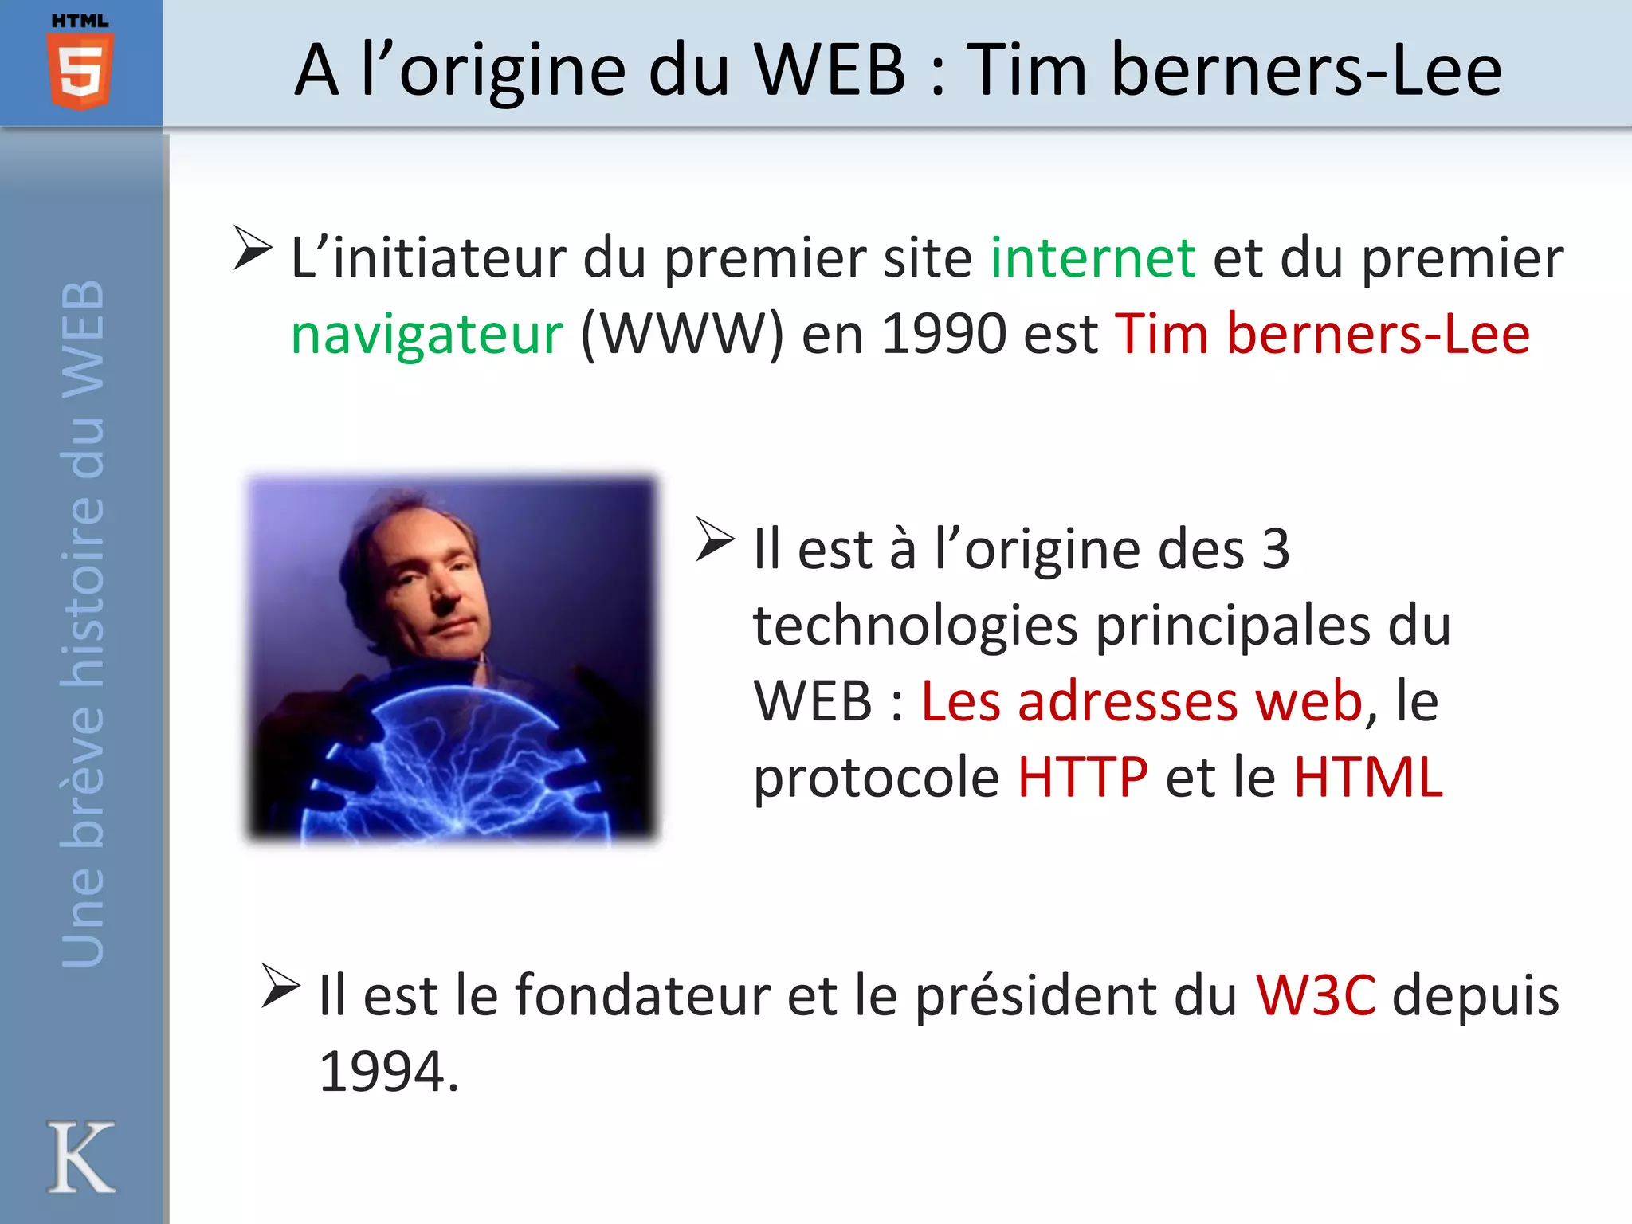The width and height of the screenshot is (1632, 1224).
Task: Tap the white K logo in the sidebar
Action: [x=80, y=1157]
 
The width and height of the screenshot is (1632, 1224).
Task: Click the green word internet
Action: [x=1093, y=258]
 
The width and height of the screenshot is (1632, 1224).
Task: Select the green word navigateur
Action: [x=427, y=334]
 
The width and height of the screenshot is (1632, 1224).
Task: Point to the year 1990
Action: [x=943, y=334]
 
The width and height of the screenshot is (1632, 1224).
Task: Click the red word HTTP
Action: [x=1082, y=776]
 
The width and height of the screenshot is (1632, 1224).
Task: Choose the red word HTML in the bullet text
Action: [x=1367, y=776]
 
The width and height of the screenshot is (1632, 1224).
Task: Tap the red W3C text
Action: [x=1315, y=995]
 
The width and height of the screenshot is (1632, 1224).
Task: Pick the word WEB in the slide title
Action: [x=830, y=70]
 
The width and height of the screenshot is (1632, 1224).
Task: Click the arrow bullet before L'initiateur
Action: [x=253, y=249]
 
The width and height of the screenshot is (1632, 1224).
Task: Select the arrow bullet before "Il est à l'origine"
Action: [x=715, y=539]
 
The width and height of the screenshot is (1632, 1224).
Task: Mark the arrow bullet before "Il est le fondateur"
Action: [x=280, y=987]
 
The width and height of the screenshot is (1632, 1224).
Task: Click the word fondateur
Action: [x=642, y=995]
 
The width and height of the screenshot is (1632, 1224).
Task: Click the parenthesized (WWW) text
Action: [x=682, y=334]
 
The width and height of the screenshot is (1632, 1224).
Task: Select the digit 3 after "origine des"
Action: [x=1275, y=549]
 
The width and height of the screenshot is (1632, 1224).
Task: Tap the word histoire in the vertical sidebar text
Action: [x=83, y=589]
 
